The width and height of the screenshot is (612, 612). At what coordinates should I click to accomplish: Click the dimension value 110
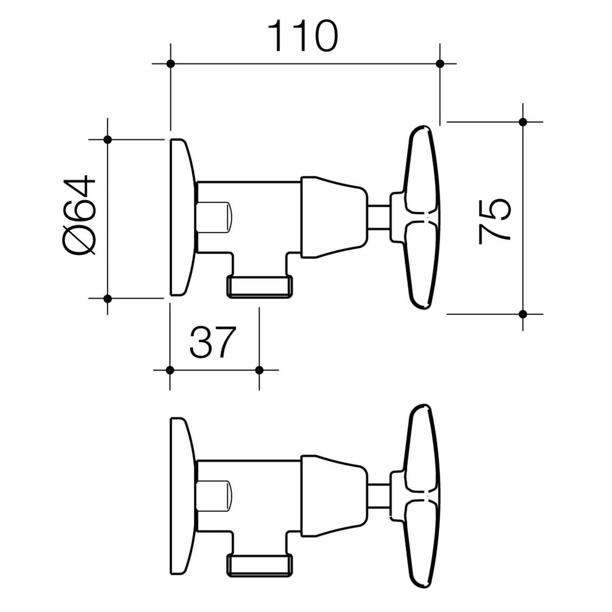click(x=303, y=35)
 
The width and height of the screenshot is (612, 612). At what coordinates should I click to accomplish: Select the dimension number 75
click(x=494, y=222)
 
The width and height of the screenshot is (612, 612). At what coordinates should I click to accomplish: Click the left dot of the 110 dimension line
click(x=171, y=64)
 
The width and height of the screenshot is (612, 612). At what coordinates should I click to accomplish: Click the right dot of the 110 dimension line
click(x=440, y=64)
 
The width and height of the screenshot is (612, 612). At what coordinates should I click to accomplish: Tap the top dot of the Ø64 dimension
click(x=108, y=139)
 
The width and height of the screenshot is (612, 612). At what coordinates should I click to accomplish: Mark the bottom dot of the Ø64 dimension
click(x=108, y=299)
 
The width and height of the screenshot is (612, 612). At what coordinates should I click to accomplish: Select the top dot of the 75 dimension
click(x=523, y=122)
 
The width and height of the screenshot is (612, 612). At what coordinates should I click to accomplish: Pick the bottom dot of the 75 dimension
click(x=523, y=314)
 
